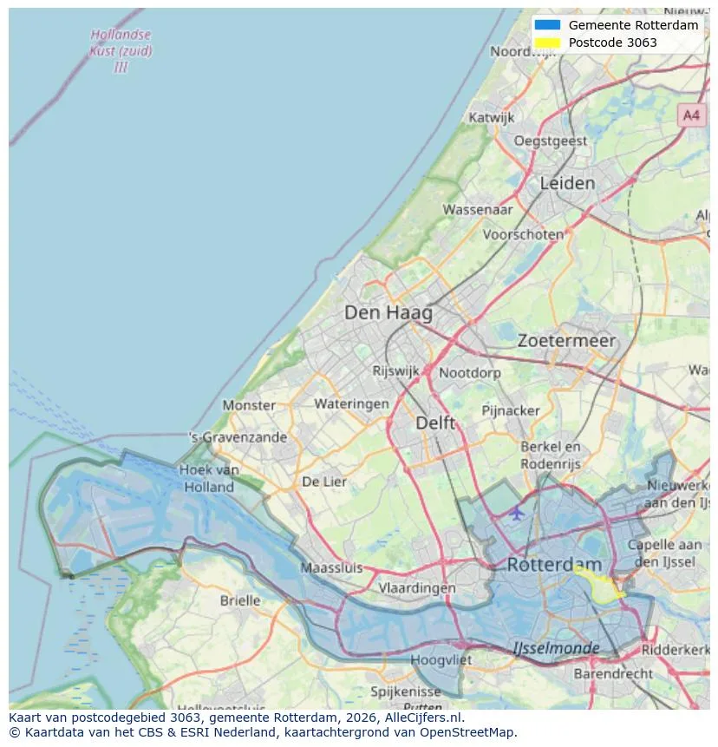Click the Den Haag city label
pyautogui.click(x=388, y=312)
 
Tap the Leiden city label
pyautogui.click(x=567, y=183)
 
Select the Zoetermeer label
pyautogui.click(x=566, y=341)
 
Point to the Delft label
pyautogui.click(x=435, y=423)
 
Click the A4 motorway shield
pyautogui.click(x=690, y=115)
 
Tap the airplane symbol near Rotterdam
pyautogui.click(x=517, y=513)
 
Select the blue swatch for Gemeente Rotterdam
pyautogui.click(x=548, y=25)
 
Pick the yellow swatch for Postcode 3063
pyautogui.click(x=548, y=43)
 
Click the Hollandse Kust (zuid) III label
pyautogui.click(x=121, y=50)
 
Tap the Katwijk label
pyautogui.click(x=492, y=117)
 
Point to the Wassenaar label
pyautogui.click(x=478, y=209)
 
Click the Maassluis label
pyautogui.click(x=331, y=568)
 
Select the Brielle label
pyautogui.click(x=240, y=600)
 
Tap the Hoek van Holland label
pyautogui.click(x=208, y=478)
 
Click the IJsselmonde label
pyautogui.click(x=556, y=648)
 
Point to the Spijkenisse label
pyautogui.click(x=405, y=691)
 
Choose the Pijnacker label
pyautogui.click(x=511, y=410)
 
